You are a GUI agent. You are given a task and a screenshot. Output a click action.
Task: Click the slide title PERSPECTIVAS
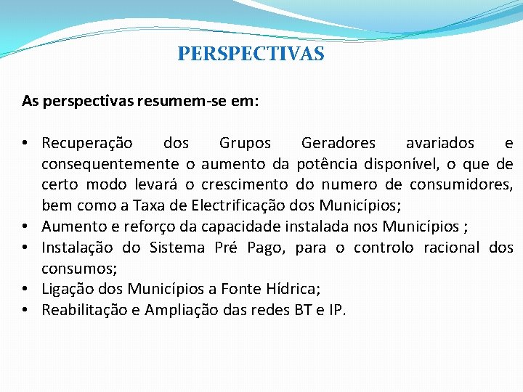click(x=251, y=54)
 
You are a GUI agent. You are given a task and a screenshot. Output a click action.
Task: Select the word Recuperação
click(x=87, y=143)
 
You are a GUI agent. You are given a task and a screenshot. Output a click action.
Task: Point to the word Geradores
click(x=338, y=143)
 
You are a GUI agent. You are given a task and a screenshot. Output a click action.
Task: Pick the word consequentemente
click(x=110, y=164)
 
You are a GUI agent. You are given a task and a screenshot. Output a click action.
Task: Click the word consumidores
click(x=461, y=184)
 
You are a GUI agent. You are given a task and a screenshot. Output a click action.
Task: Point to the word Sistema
click(x=177, y=248)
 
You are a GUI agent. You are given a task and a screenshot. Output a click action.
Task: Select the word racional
click(x=443, y=248)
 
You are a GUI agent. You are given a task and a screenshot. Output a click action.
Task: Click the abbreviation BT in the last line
click(x=302, y=311)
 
